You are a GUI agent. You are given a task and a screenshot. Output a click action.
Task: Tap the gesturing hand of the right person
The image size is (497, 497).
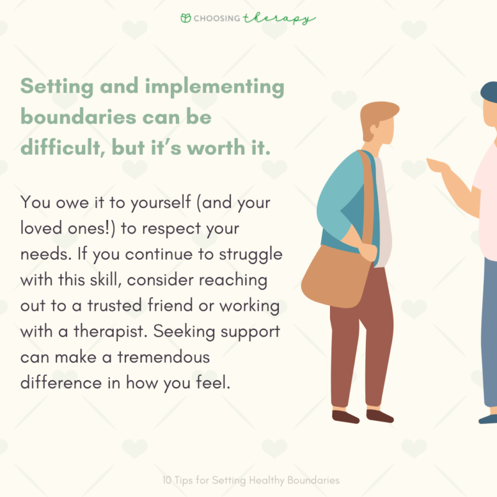coord(439,166)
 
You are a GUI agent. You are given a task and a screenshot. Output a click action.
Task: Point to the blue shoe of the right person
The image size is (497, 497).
coord(488,418)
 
